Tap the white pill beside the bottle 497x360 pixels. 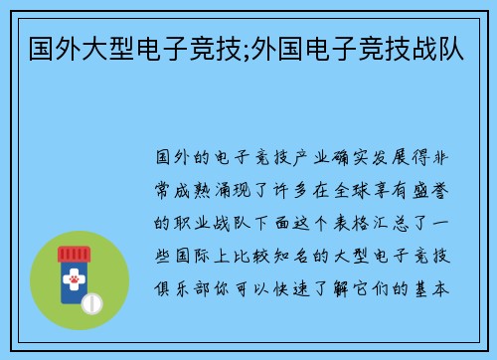pyautogui.click(x=90, y=301)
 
